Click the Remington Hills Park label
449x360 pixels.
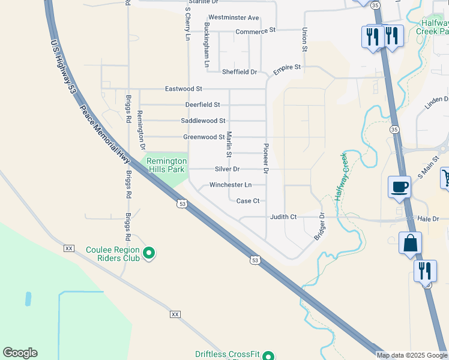pyautogui.click(x=164, y=165)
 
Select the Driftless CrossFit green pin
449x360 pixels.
pyautogui.click(x=269, y=356)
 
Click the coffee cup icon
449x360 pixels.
pyautogui.click(x=400, y=187)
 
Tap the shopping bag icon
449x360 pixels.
pyautogui.click(x=411, y=244)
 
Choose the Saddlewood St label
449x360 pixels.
pyautogui.click(x=203, y=121)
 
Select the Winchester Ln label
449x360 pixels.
pyautogui.click(x=231, y=185)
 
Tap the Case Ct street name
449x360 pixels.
pyautogui.click(x=248, y=201)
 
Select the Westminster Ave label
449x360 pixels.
pyautogui.click(x=234, y=18)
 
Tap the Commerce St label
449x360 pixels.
pyautogui.click(x=255, y=31)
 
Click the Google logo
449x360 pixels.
pyautogui.click(x=20, y=353)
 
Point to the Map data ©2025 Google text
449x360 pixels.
pyautogui.click(x=411, y=355)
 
